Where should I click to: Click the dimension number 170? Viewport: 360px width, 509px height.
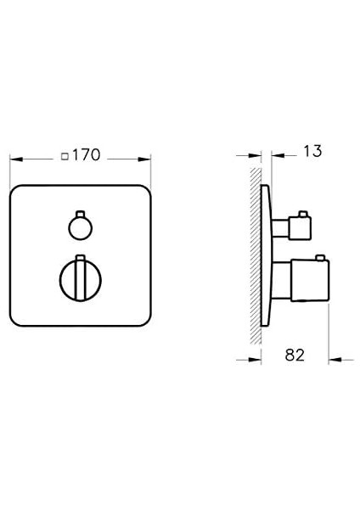(87, 155)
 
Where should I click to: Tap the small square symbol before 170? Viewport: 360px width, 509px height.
(66, 156)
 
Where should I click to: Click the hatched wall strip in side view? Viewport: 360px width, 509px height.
(255, 255)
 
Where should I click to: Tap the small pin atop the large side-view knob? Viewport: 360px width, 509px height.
(320, 257)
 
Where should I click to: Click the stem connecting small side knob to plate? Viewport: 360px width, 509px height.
(278, 227)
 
